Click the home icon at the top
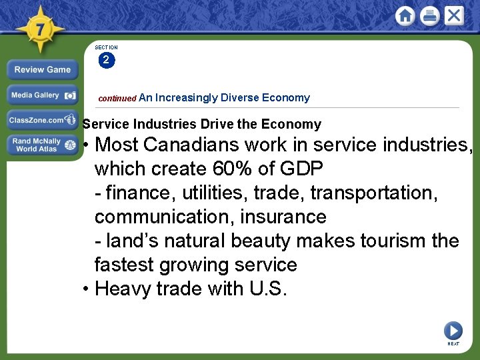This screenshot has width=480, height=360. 405,15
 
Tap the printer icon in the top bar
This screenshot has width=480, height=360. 430,15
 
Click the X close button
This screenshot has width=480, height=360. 454,15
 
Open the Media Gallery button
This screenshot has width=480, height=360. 42,95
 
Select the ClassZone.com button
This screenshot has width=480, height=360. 42,121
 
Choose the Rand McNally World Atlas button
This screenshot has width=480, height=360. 42,145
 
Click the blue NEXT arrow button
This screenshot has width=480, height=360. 453,330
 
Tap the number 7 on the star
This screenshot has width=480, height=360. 40,29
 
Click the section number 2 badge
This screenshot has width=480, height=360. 106,61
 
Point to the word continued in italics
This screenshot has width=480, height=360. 117,98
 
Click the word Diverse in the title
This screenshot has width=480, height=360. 239,97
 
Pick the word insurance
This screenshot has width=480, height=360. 285,217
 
